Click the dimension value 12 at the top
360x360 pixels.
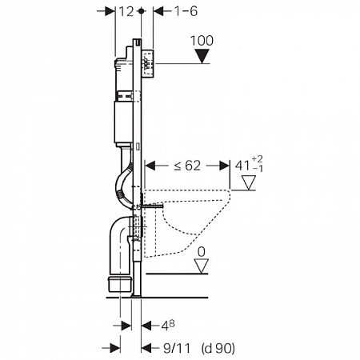tap(126, 11)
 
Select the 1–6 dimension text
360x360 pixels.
tap(186, 11)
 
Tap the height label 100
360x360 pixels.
tap(202, 41)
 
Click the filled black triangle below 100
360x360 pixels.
tap(202, 56)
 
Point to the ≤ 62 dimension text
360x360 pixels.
tap(187, 166)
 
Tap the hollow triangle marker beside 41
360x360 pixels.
tap(249, 182)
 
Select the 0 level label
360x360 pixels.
tap(202, 252)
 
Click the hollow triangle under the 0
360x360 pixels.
tap(202, 266)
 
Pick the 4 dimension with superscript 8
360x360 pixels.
tap(168, 326)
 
